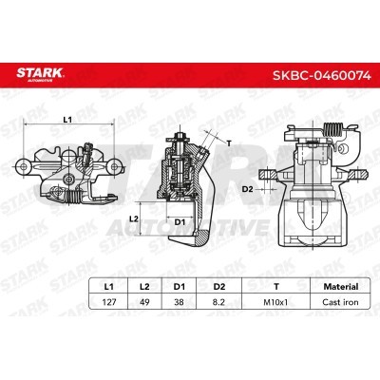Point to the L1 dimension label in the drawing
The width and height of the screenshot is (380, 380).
tap(67, 120)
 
